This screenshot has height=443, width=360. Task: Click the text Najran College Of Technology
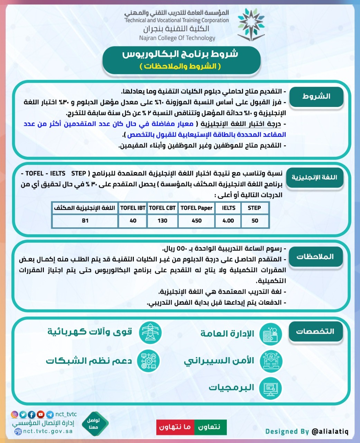177,38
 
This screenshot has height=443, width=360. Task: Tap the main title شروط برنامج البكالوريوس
180,54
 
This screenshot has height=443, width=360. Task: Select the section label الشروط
316,97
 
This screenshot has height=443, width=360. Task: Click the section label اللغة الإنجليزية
314,178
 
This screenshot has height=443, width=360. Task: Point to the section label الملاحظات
315,257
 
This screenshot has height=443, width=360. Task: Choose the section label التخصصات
315,332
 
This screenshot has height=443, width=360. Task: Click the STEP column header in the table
254,208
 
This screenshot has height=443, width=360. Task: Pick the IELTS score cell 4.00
228,221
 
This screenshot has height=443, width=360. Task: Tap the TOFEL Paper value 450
196,221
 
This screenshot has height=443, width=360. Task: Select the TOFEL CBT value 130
162,221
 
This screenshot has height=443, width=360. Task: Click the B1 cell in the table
85,221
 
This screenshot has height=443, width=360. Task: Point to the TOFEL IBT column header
133,208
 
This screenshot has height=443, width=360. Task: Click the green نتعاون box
210,427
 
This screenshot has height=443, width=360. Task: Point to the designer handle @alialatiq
330,432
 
